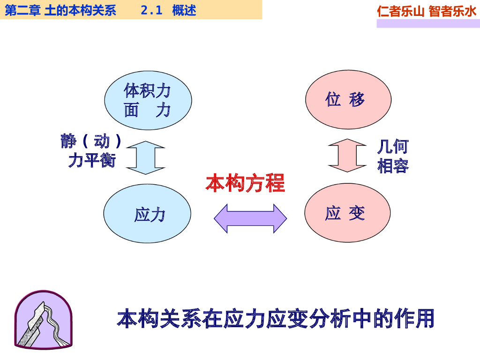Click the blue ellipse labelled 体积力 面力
pos(148,100)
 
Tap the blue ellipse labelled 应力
pos(147,214)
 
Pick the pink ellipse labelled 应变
pos(347,213)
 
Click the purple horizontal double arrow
pos(250,218)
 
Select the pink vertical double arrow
pos(347,156)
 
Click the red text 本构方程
pos(245,183)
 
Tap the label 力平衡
pos(91,160)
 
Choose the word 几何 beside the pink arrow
pos(393,147)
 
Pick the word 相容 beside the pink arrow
pos(393,166)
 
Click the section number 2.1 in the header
pos(151,10)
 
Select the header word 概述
pos(184,10)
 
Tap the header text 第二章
pos(22,10)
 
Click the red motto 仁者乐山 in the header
pos(401,11)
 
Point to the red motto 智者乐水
pos(452,11)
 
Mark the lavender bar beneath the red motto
pos(428,23)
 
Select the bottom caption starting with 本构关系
pos(276,318)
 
